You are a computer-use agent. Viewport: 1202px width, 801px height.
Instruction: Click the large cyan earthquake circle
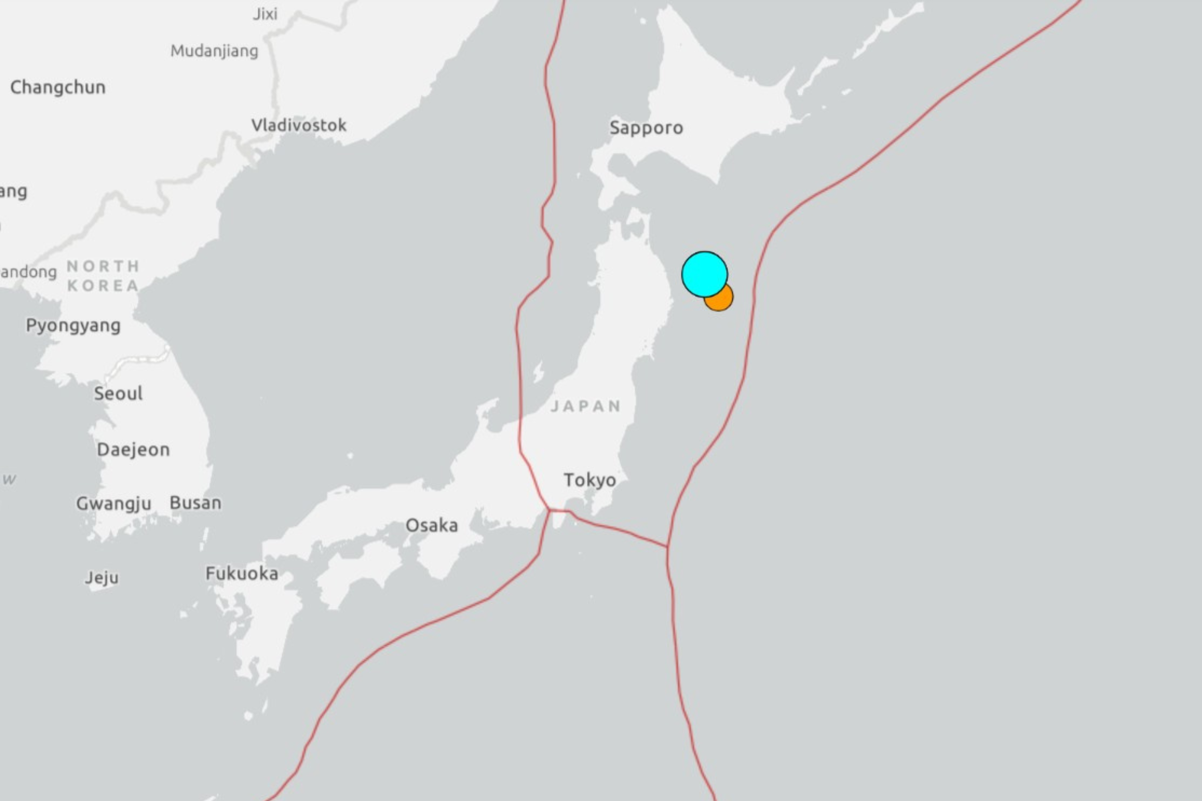(704, 274)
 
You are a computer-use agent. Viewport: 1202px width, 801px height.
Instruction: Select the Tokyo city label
(589, 480)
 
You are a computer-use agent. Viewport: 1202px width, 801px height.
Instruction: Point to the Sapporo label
(646, 128)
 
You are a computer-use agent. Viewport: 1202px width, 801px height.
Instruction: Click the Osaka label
(432, 525)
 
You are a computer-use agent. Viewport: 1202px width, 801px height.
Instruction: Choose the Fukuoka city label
(242, 573)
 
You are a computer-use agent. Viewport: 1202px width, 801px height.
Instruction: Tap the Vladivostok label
(298, 125)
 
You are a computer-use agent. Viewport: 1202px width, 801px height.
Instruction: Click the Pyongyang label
(73, 325)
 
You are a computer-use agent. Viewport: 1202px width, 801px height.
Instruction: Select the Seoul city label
(118, 393)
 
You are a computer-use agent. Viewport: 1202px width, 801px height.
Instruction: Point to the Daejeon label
(133, 449)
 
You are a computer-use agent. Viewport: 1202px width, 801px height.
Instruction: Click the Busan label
(195, 503)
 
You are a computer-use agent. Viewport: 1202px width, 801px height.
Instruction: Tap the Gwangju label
(113, 504)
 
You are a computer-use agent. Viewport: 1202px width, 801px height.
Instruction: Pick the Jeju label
(102, 578)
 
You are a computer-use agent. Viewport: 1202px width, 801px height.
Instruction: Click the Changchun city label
(58, 87)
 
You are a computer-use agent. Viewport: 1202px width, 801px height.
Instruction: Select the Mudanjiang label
(214, 51)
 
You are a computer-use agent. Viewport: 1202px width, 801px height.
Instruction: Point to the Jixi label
(265, 14)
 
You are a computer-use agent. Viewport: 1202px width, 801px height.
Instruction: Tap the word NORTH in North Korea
(103, 266)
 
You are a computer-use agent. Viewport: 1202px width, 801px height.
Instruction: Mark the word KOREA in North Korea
(103, 286)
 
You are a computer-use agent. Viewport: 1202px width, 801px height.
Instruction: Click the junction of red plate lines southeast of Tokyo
(668, 547)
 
